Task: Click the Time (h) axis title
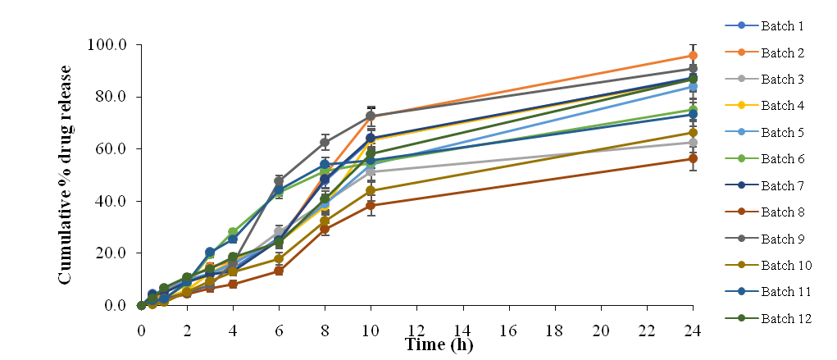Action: (439, 344)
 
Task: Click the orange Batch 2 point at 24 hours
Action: (693, 56)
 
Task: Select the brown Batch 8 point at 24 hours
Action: (693, 158)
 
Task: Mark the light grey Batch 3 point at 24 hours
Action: (693, 142)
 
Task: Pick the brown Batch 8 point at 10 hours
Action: (371, 205)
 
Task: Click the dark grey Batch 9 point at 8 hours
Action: (325, 142)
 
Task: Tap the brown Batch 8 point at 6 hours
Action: (280, 271)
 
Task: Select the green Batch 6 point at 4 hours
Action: (233, 232)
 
